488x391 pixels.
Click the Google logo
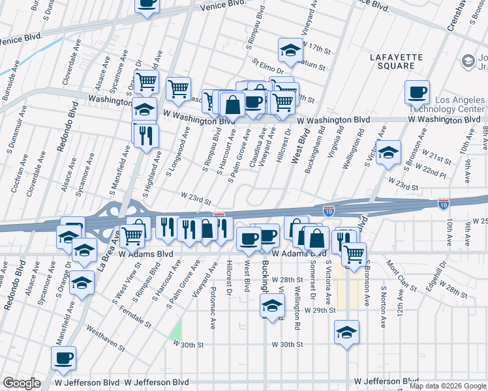(x=21, y=383)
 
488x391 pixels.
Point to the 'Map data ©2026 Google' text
(x=448, y=386)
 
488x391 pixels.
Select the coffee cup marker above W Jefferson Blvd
(x=64, y=358)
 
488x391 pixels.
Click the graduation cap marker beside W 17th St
(x=290, y=50)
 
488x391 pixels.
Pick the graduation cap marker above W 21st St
(x=388, y=152)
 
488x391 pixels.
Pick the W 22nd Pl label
(x=433, y=171)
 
